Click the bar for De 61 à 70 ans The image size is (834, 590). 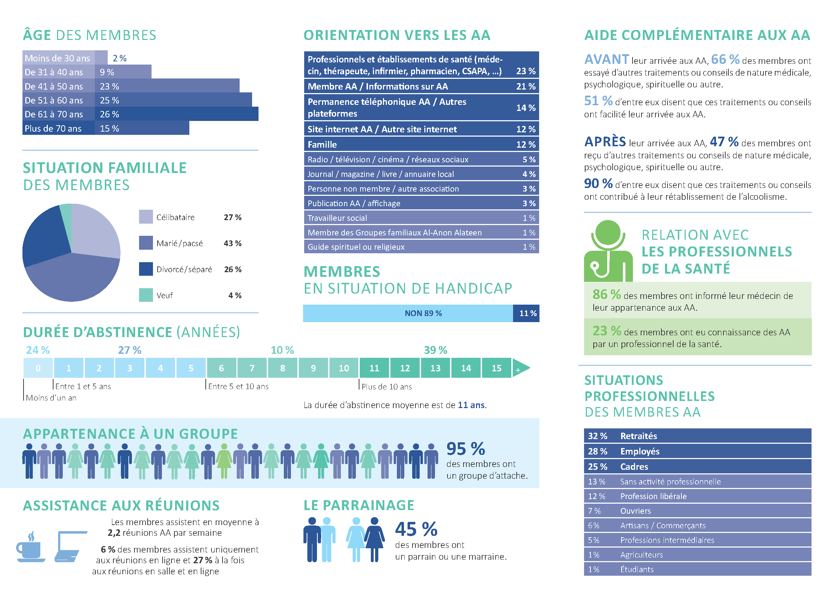click(x=176, y=114)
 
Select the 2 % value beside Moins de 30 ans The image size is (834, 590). click(x=119, y=58)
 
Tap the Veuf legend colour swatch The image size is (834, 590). click(x=146, y=295)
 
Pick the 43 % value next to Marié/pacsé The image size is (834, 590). click(x=232, y=243)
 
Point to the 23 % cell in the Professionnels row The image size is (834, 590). click(x=526, y=71)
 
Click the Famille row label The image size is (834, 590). click(x=322, y=144)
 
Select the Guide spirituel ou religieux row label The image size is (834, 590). click(x=356, y=247)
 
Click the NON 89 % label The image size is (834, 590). click(x=423, y=313)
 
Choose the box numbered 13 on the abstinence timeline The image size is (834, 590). click(x=435, y=368)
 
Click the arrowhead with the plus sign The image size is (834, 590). click(x=520, y=368)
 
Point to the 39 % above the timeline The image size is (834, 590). click(x=435, y=350)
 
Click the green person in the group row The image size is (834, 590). click(x=224, y=461)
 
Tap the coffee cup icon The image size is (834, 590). click(x=30, y=548)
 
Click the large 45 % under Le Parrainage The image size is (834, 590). click(x=416, y=529)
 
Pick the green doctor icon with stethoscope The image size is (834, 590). click(x=608, y=251)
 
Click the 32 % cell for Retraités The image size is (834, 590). click(x=598, y=436)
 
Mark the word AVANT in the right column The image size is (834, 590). click(x=606, y=59)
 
